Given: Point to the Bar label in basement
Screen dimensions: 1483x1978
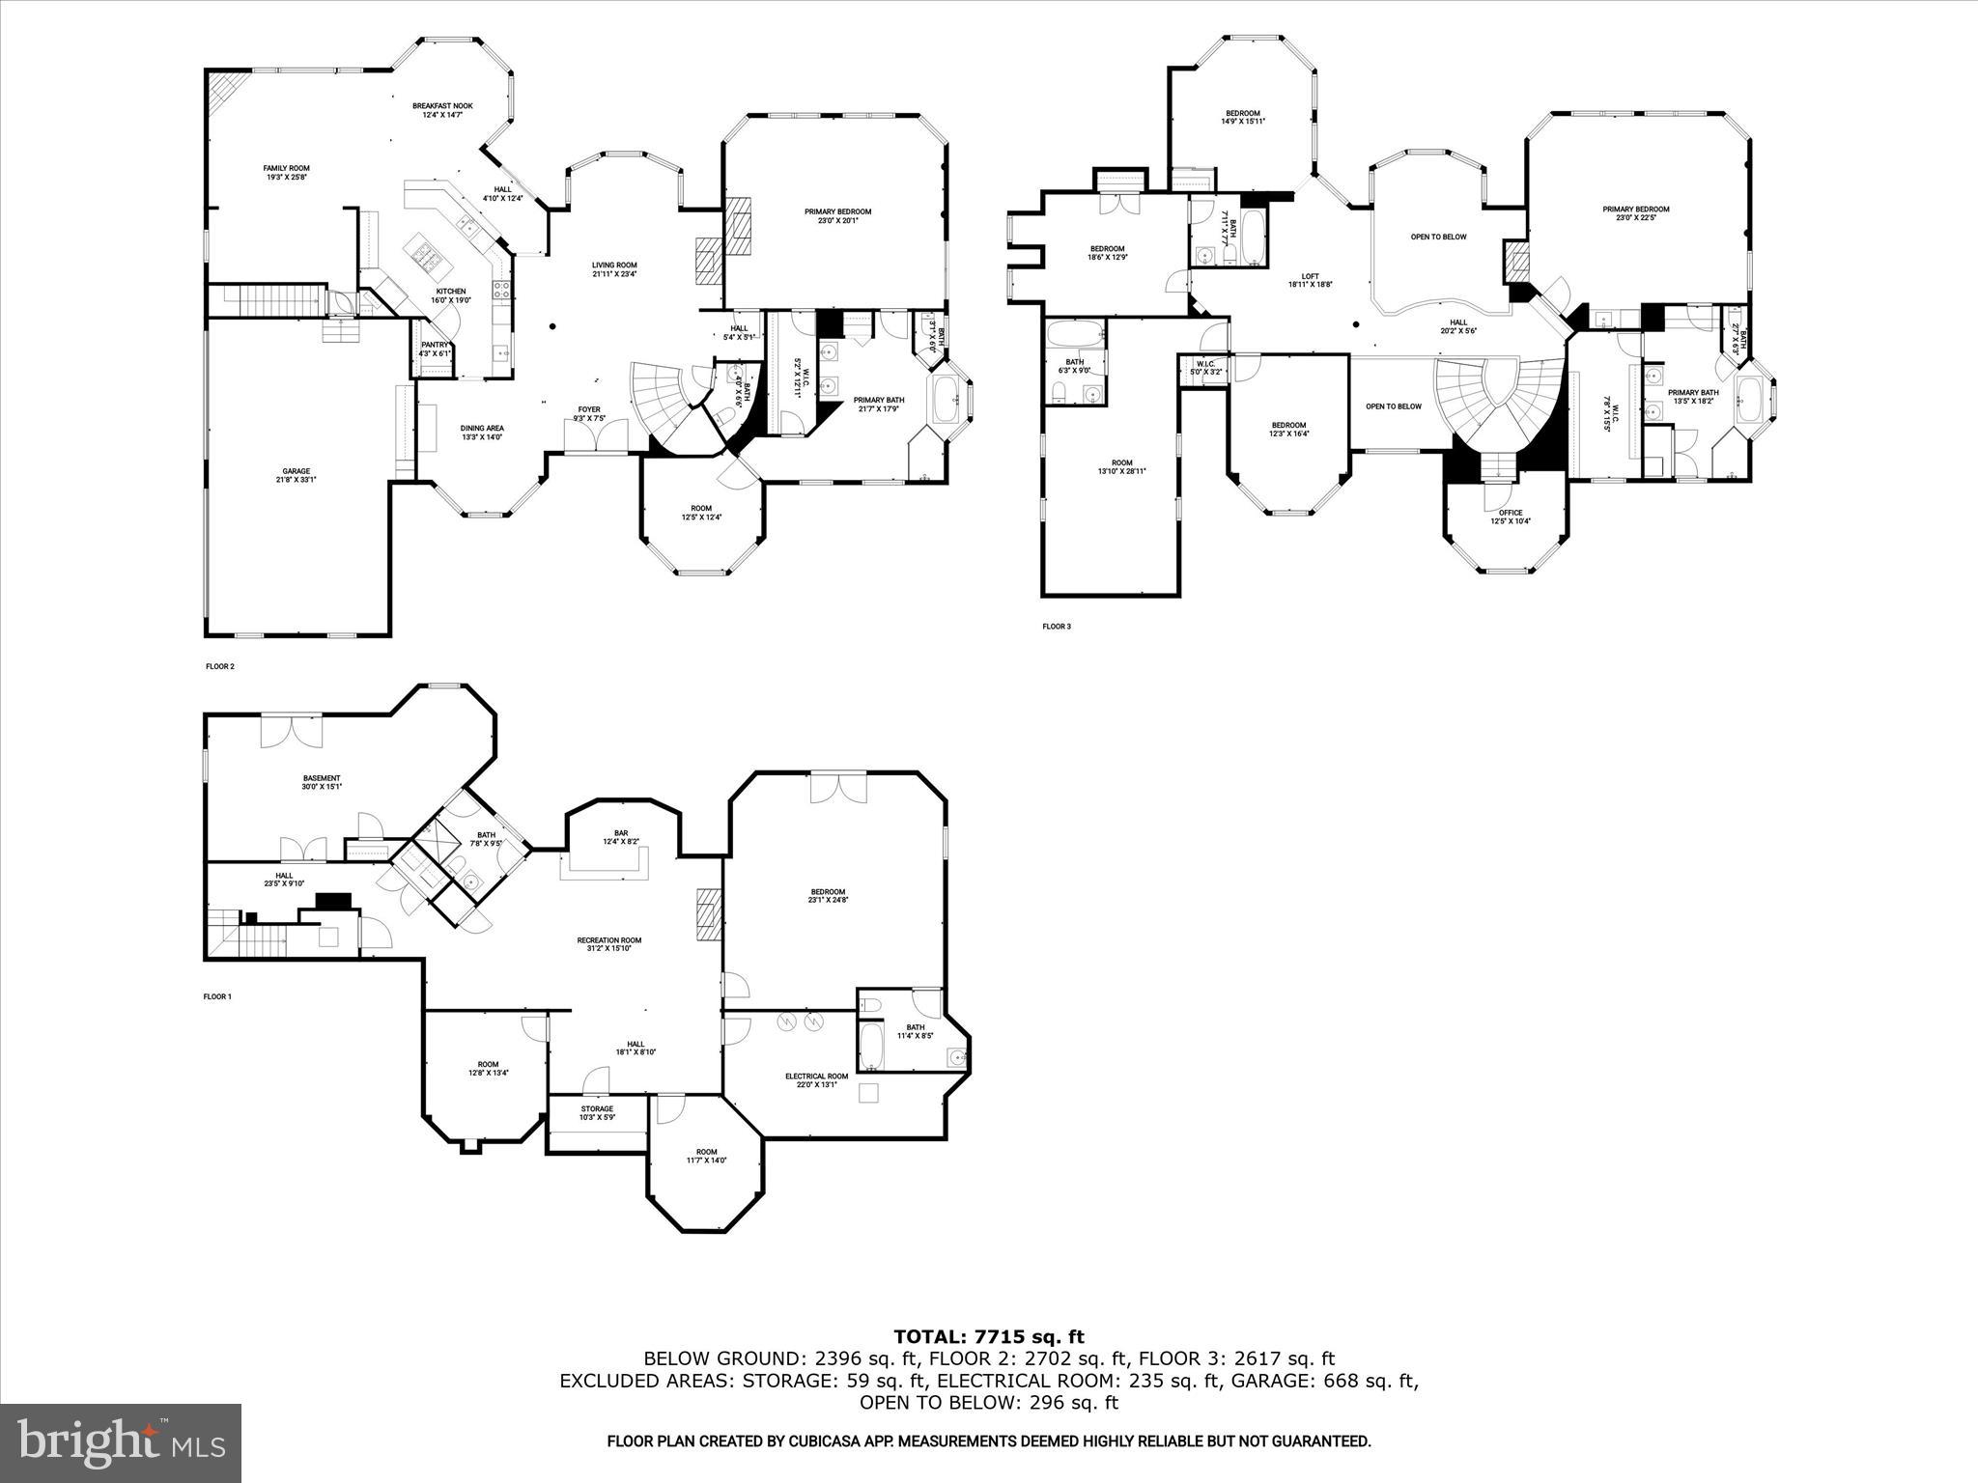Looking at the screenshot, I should [621, 837].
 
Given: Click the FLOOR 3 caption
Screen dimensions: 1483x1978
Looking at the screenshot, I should [1056, 627].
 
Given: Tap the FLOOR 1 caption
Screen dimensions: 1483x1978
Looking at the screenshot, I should [217, 996].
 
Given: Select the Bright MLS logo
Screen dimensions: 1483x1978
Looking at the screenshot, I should [121, 1443].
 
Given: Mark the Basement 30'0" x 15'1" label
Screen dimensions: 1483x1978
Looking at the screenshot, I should [322, 782].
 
